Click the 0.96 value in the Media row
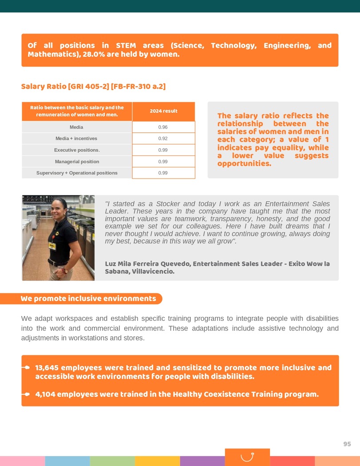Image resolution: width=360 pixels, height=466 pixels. (x=163, y=127)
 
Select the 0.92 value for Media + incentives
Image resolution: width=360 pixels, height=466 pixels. (x=163, y=138)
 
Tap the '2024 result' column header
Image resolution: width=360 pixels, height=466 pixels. (x=163, y=111)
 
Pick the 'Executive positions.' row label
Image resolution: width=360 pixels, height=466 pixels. (x=77, y=150)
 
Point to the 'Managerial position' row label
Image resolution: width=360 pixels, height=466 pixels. (x=77, y=162)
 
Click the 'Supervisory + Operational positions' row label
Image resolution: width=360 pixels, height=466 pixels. (x=77, y=173)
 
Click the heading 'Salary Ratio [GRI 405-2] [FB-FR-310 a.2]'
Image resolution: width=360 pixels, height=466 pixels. (x=93, y=87)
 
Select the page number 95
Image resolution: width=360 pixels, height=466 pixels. (x=347, y=444)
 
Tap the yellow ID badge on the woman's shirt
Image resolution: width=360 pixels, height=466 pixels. (x=53, y=245)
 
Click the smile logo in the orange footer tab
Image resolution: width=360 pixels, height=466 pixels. (x=247, y=457)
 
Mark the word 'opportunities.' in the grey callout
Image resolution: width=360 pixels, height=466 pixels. (x=244, y=164)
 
